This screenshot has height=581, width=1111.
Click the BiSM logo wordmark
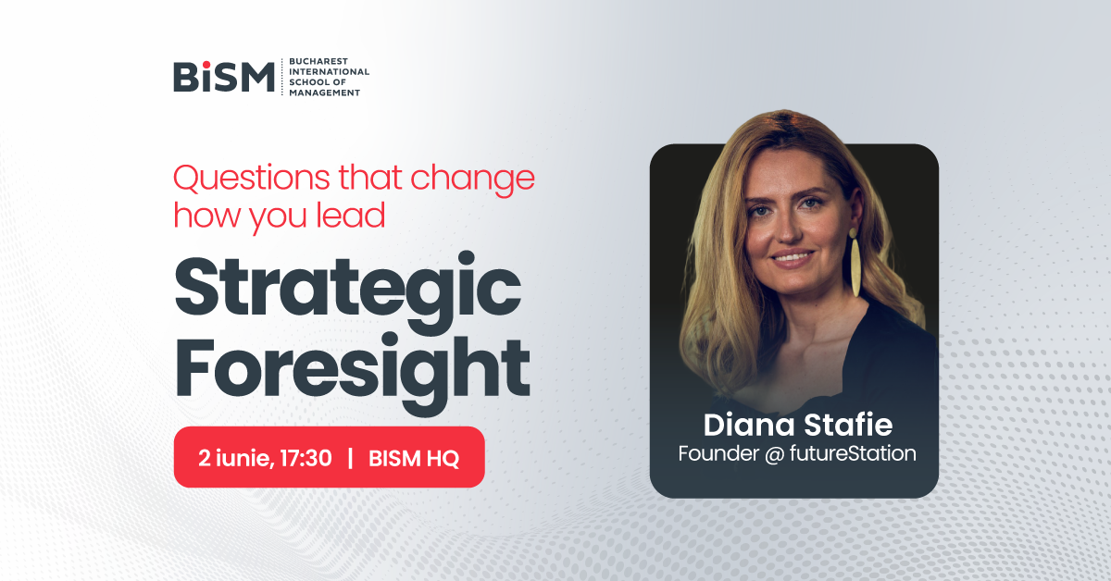(224, 77)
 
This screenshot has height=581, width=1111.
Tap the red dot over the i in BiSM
(206, 65)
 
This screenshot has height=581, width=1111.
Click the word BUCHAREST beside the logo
(318, 61)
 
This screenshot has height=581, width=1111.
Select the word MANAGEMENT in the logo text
(324, 93)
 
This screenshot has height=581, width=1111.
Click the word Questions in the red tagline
(252, 178)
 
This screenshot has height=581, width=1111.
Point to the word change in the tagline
(473, 179)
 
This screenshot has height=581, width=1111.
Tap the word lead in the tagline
(351, 216)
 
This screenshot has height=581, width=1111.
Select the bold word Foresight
(352, 369)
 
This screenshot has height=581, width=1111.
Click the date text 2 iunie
(235, 457)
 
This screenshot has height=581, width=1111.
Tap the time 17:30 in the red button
(306, 458)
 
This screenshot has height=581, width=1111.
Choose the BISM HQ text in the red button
(414, 458)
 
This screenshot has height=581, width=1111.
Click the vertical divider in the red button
(351, 458)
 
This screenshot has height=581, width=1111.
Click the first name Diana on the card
(749, 425)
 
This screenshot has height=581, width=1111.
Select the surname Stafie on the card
(848, 425)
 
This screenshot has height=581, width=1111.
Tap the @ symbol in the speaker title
(774, 454)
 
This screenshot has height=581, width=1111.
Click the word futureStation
(853, 453)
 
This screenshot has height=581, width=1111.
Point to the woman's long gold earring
(855, 262)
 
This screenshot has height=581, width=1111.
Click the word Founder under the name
(718, 453)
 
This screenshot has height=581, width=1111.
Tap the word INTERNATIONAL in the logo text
(330, 71)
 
